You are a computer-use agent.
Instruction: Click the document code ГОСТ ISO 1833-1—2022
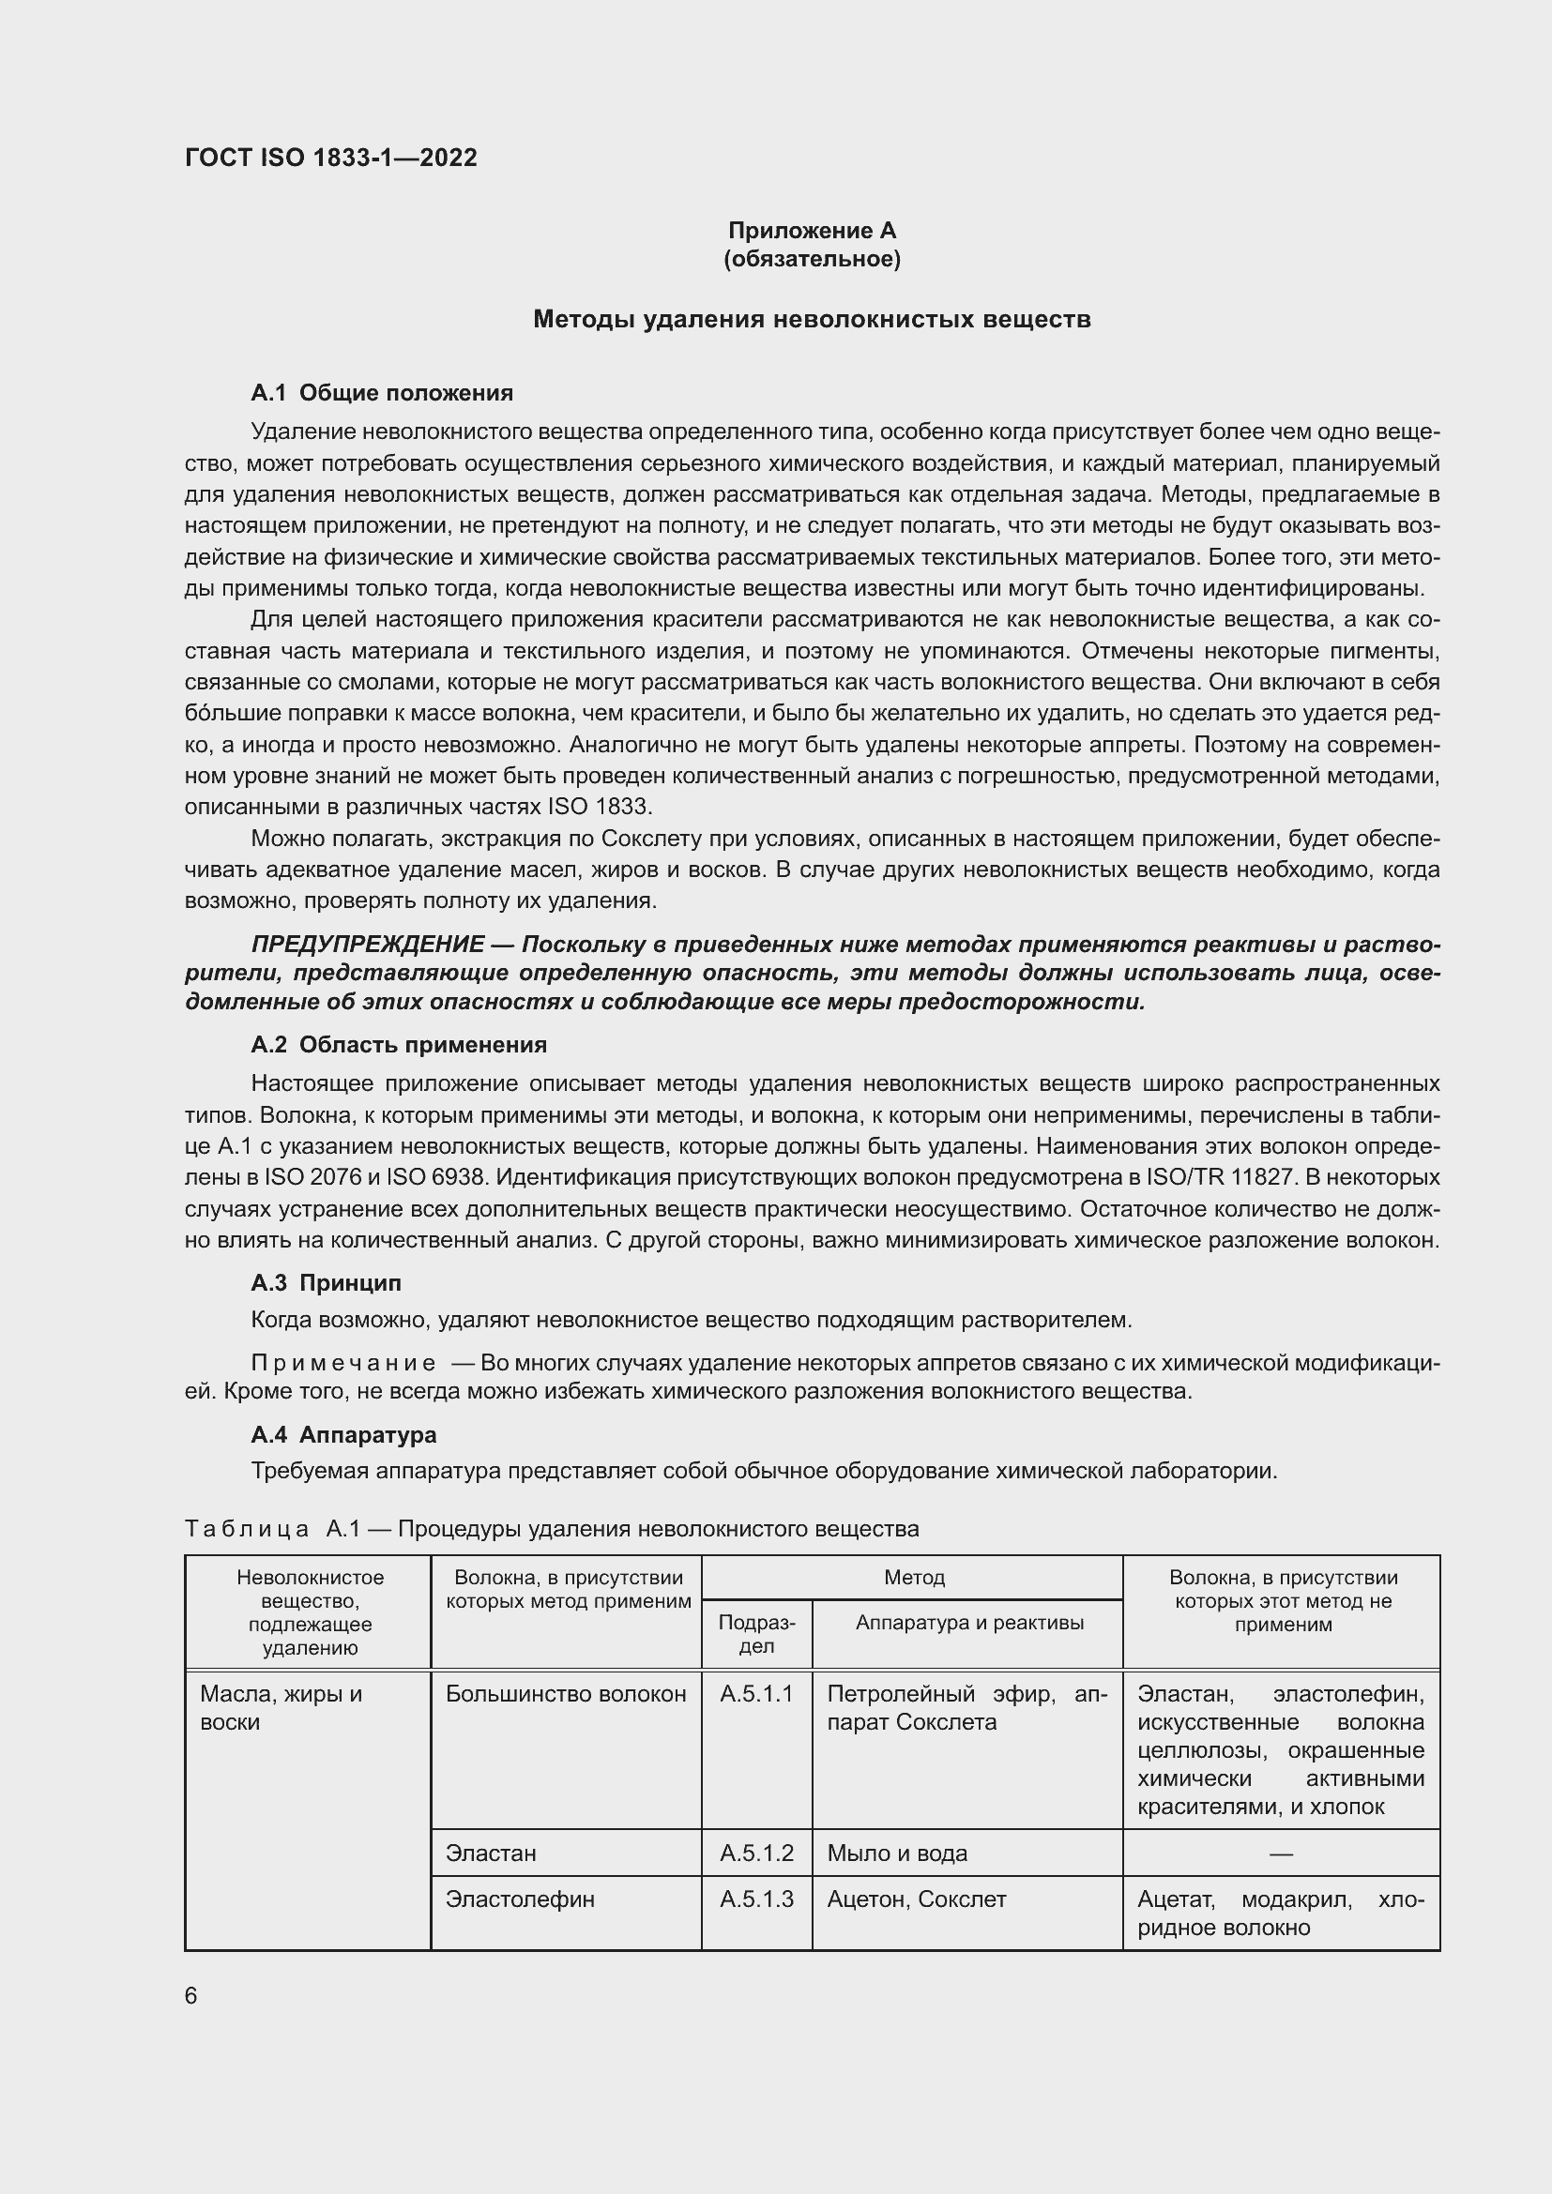pos(330,158)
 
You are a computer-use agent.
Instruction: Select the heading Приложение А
pos(812,231)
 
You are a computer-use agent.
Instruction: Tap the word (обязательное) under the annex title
pos(812,259)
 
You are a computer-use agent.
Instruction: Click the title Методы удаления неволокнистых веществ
pos(812,319)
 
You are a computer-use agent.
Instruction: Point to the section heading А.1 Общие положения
pos(381,393)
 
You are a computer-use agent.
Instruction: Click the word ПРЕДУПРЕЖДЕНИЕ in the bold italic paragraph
pos(368,945)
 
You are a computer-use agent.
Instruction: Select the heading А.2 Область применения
pos(399,1044)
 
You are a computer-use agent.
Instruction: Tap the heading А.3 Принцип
pos(326,1282)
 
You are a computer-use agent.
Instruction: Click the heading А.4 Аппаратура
pos(343,1434)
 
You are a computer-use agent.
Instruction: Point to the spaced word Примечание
pos(343,1364)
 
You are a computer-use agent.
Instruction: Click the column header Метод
pos(914,1578)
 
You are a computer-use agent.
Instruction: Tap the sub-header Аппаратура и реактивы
pos(969,1622)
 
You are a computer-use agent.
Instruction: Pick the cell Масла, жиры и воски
pos(281,1707)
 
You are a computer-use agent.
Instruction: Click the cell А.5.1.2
pos(756,1853)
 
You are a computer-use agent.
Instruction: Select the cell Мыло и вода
pos(896,1853)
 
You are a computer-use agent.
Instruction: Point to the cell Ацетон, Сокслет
pos(916,1899)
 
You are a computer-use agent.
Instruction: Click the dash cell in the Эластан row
pos(1281,1853)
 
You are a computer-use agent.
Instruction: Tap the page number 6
pos(191,1996)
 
